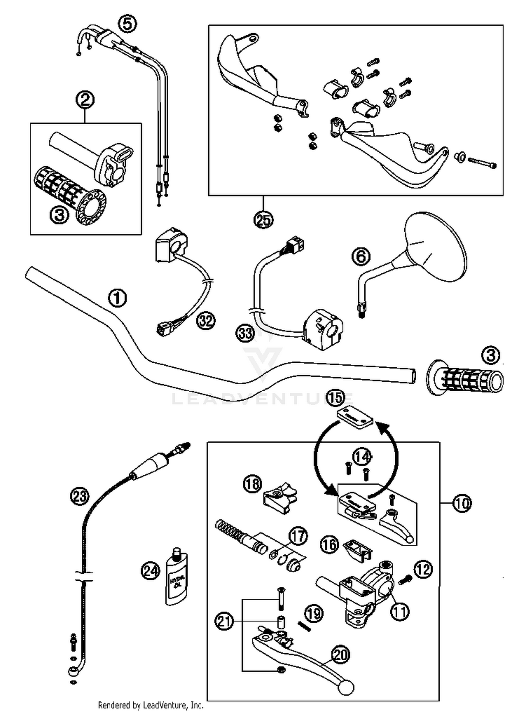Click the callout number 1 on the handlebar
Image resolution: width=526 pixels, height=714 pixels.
click(117, 298)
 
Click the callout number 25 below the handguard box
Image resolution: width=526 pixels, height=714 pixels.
click(264, 220)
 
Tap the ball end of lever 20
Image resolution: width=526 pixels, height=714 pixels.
click(346, 687)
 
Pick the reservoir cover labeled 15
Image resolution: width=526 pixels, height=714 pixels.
click(355, 416)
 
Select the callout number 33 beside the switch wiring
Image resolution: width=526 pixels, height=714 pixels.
click(245, 333)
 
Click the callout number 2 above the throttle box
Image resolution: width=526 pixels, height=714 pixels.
click(85, 100)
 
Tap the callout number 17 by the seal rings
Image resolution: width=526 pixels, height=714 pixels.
click(298, 536)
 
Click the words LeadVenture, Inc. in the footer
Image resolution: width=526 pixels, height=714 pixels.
click(173, 705)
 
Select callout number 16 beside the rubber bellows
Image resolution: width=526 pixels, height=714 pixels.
click(330, 545)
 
